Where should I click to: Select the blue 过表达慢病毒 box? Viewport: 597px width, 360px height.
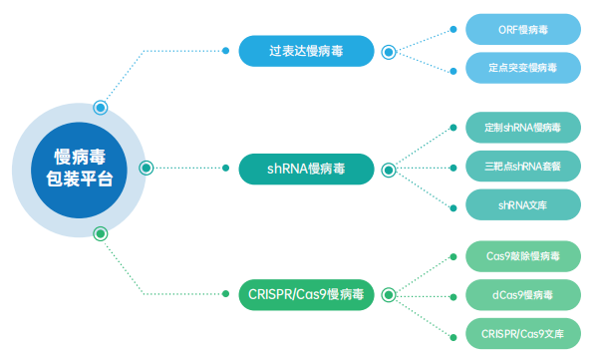306,51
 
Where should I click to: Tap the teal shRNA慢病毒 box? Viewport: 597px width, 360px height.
306,168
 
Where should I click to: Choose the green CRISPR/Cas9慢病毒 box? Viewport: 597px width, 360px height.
306,294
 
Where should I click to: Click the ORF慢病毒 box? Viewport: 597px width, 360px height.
522,30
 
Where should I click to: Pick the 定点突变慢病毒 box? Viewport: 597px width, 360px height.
522,69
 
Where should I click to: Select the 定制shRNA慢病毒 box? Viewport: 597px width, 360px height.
522,128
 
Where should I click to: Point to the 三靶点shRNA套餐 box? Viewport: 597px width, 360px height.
522,167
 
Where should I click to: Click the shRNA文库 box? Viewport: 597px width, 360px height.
522,205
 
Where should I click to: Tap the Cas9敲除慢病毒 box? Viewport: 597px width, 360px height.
522,255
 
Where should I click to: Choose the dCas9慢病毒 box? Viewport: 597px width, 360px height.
522,294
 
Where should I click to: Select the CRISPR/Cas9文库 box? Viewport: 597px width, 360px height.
522,332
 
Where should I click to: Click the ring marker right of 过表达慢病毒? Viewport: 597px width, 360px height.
389,50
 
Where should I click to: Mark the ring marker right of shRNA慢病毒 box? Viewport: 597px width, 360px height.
389,168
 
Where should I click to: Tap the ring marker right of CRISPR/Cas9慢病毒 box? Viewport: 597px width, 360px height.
389,294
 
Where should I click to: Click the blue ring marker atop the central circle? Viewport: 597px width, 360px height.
100,107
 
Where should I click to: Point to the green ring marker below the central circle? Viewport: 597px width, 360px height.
99,233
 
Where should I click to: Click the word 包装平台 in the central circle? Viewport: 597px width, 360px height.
80,180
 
